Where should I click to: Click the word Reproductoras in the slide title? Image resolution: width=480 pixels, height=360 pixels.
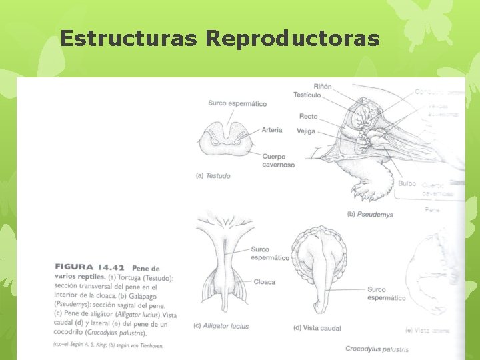point(293,38)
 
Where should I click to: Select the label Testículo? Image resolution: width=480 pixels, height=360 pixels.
point(307,95)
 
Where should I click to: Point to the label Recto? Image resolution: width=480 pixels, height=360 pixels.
point(308,117)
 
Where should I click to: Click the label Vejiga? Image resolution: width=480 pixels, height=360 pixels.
point(306,131)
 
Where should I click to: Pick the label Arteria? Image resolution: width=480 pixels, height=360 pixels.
point(272,130)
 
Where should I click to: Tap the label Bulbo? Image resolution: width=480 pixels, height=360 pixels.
point(407,183)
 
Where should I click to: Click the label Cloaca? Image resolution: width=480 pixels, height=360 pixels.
point(265,282)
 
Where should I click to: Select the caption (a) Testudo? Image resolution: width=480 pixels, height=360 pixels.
point(213,176)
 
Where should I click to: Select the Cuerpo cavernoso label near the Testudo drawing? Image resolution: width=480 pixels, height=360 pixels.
point(278,161)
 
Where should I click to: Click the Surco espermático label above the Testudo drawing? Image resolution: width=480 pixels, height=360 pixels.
point(237,103)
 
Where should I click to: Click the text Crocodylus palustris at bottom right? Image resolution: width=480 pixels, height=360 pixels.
point(377,349)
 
